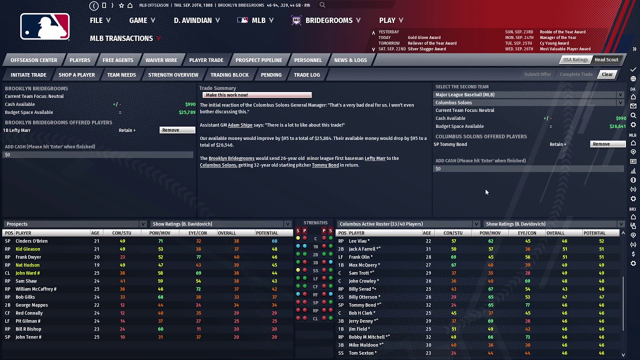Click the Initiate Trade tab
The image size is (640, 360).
point(28,75)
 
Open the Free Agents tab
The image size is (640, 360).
point(117,60)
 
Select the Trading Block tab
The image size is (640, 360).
point(229,75)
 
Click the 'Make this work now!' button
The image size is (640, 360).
point(257,95)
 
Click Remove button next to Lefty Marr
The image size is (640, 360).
point(177,130)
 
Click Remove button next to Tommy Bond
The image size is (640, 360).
point(607,144)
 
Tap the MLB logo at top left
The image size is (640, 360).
point(45,26)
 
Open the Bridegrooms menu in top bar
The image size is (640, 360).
point(328,20)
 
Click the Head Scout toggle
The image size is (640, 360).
point(606,60)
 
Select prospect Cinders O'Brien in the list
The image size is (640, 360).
point(31,241)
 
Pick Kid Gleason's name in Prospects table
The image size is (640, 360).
point(28,249)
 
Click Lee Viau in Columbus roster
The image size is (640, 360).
point(359,241)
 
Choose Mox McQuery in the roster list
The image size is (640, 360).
point(364,265)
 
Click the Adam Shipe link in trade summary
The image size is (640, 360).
point(240,125)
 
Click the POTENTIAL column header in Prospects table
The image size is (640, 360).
point(266,233)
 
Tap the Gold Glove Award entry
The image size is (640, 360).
point(424,37)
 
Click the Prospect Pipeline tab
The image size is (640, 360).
point(258,60)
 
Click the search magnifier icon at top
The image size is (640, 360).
point(322,5)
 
